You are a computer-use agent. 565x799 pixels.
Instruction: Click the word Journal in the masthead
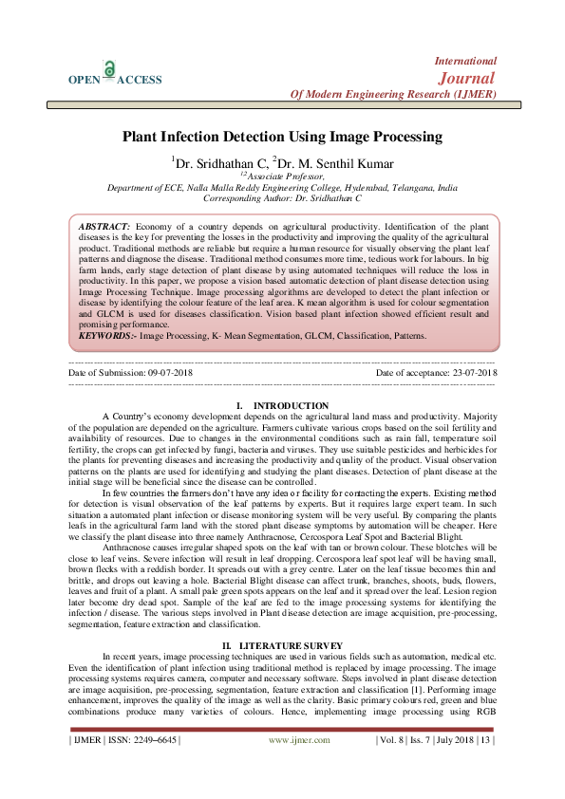464,77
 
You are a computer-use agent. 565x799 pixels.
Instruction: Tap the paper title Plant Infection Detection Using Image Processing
282,137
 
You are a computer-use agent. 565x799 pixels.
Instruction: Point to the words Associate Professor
285,176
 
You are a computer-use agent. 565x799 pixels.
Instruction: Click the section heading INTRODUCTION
292,406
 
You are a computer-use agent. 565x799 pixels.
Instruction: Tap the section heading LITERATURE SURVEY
291,619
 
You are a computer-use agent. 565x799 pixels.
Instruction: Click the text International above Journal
465,60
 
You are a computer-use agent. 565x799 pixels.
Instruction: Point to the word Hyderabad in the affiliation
358,187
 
